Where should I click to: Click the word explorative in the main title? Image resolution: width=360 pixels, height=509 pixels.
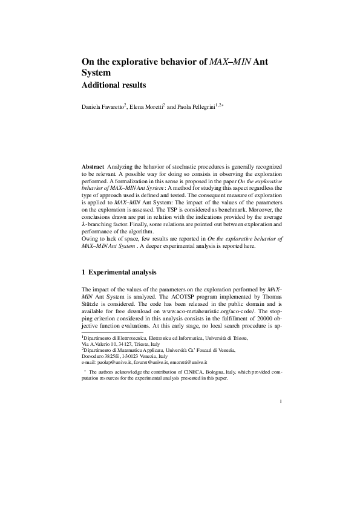[x=137, y=62]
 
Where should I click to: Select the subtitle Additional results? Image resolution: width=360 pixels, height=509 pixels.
[x=114, y=85]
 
